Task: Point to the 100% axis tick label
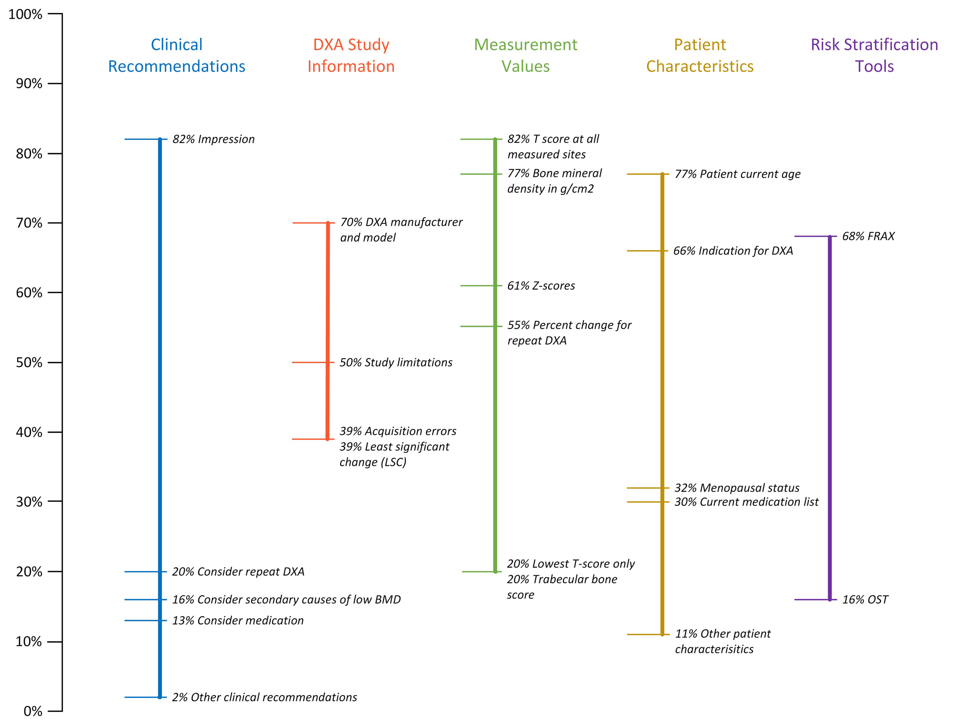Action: (26, 14)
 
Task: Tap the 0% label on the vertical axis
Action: (33, 711)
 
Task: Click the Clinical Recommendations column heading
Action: (177, 55)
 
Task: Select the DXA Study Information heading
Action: (351, 55)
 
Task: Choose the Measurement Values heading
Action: (525, 55)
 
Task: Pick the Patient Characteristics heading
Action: (700, 55)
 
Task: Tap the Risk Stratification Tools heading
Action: (874, 55)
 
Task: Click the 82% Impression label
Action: (213, 139)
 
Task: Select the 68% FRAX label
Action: (868, 236)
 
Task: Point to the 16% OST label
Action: (865, 600)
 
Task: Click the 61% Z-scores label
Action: (541, 286)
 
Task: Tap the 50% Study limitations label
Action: (396, 363)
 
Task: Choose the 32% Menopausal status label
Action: (737, 488)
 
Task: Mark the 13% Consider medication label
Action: (238, 621)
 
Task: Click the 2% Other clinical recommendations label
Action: (264, 697)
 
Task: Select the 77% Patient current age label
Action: (737, 174)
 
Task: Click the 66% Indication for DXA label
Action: (733, 251)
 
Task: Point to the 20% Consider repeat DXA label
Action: (238, 572)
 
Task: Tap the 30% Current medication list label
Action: (746, 502)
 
